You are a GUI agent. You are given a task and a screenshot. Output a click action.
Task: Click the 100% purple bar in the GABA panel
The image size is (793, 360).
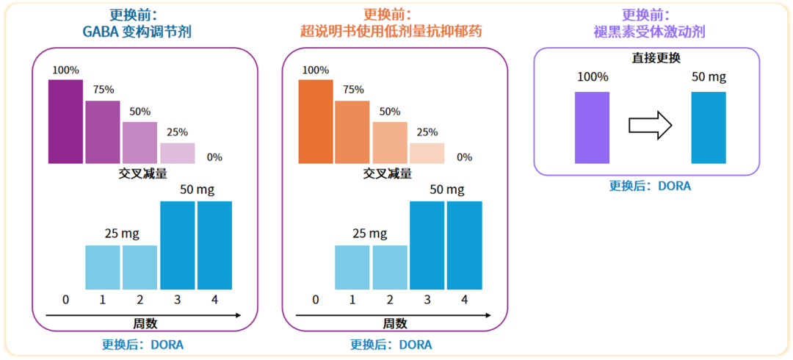tap(66, 121)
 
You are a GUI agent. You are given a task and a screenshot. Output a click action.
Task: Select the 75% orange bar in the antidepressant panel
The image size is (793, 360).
tap(352, 132)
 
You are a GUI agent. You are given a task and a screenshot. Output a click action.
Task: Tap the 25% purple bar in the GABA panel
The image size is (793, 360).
tap(177, 153)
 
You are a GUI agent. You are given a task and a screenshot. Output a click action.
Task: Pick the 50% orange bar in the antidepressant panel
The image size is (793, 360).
tap(390, 142)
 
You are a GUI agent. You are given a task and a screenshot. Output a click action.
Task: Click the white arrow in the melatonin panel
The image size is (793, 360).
tap(651, 125)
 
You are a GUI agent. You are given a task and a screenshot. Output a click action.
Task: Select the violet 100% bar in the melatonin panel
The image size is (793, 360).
tap(592, 127)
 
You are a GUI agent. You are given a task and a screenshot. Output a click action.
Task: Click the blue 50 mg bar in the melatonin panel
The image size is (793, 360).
tap(709, 127)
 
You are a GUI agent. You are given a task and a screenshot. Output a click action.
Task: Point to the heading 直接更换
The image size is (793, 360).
tap(656, 58)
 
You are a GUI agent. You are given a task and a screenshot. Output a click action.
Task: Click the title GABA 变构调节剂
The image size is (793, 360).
tap(142, 31)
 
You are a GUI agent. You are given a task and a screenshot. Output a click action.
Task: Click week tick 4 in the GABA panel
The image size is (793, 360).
tap(214, 299)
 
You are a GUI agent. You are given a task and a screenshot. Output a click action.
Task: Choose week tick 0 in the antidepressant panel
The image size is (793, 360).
tap(316, 299)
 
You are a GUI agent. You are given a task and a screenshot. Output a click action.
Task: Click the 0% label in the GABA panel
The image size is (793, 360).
tap(214, 157)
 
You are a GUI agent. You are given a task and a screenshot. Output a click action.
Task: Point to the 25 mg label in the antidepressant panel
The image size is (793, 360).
tap(371, 234)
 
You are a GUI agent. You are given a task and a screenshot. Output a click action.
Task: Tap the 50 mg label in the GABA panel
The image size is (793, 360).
tap(198, 190)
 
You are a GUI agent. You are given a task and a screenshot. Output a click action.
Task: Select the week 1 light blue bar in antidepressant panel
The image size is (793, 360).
tap(352, 267)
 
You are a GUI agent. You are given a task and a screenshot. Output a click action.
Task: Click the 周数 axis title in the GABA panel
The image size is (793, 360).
tap(145, 323)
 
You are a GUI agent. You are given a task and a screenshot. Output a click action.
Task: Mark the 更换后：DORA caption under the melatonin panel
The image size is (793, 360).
tap(650, 186)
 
